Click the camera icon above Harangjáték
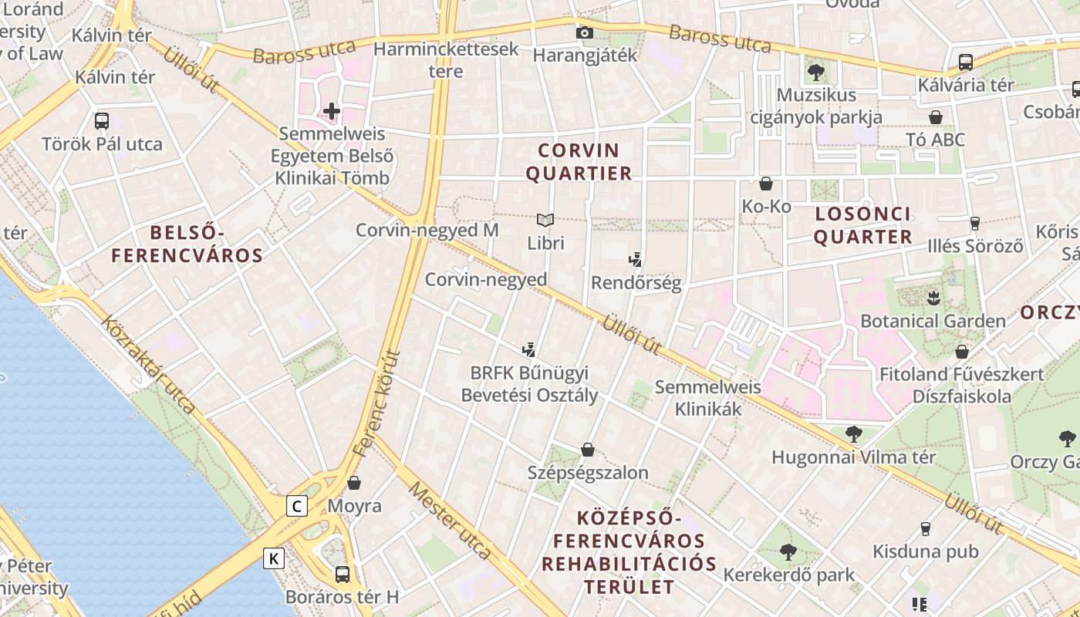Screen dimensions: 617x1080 [x=585, y=32]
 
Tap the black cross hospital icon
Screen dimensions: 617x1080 [x=332, y=111]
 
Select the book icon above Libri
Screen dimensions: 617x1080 [x=545, y=221]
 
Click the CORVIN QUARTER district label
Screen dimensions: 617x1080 [x=579, y=162]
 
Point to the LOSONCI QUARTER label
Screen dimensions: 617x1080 [x=862, y=225]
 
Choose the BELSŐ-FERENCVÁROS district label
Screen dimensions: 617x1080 [x=187, y=244]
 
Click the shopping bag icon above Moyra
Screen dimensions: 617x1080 [x=354, y=483]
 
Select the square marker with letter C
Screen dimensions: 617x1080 [x=297, y=506]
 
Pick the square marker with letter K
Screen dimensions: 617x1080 [x=274, y=558]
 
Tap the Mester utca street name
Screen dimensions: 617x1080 [x=450, y=521]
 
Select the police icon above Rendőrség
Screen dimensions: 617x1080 [x=636, y=260]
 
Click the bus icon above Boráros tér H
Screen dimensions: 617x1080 [x=342, y=574]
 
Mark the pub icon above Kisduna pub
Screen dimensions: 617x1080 [x=925, y=529]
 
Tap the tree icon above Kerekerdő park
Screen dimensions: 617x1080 [x=788, y=552]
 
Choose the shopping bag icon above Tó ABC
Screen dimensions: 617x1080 [x=936, y=117]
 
